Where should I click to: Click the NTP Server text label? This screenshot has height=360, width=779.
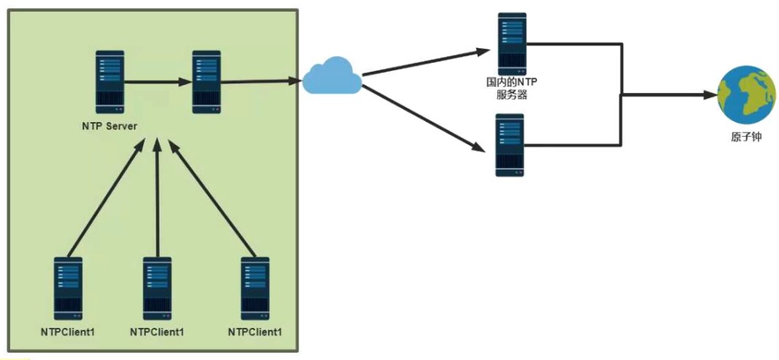(110, 126)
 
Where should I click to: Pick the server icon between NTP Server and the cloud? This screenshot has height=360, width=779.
(206, 81)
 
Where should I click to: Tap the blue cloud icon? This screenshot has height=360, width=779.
(332, 78)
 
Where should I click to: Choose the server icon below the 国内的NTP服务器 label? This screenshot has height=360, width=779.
(511, 145)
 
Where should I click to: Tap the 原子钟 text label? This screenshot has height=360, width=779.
(746, 137)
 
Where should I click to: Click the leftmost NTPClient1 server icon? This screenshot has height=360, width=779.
(68, 288)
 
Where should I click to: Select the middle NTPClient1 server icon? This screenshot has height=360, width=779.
(157, 288)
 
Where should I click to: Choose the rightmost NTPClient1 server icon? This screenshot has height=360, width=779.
(255, 288)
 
